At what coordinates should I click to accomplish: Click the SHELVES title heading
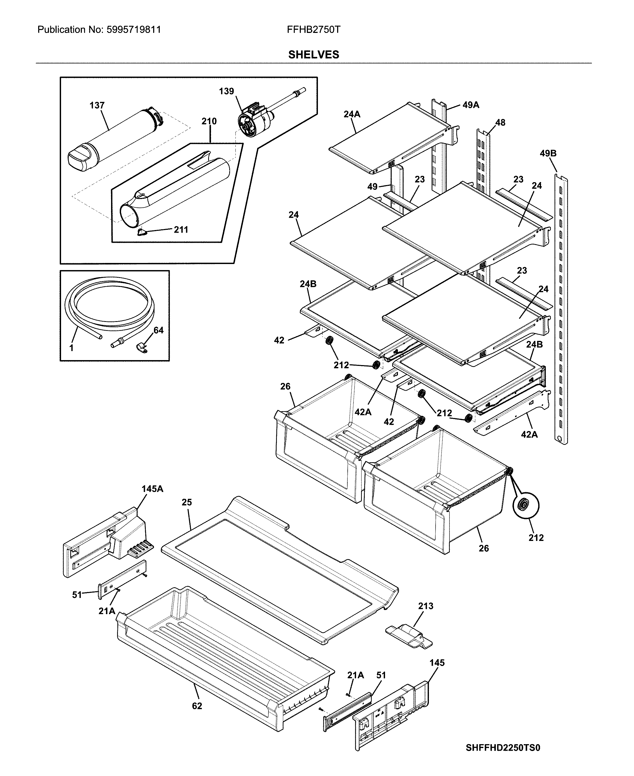click(x=313, y=55)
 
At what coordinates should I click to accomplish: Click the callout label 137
click(x=97, y=106)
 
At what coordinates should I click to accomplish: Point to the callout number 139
click(x=226, y=91)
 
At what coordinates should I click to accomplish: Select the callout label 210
click(x=209, y=121)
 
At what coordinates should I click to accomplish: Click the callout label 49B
click(x=548, y=154)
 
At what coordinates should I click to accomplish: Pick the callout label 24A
click(x=352, y=114)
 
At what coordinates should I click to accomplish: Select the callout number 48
click(x=500, y=123)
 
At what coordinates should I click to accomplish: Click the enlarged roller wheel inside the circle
click(x=526, y=506)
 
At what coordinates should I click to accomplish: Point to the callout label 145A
click(x=152, y=489)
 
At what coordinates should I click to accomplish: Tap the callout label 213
click(x=426, y=606)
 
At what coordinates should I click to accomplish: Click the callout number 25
click(x=187, y=503)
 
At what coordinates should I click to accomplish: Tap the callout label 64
click(x=158, y=331)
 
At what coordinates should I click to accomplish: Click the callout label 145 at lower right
click(x=437, y=663)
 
